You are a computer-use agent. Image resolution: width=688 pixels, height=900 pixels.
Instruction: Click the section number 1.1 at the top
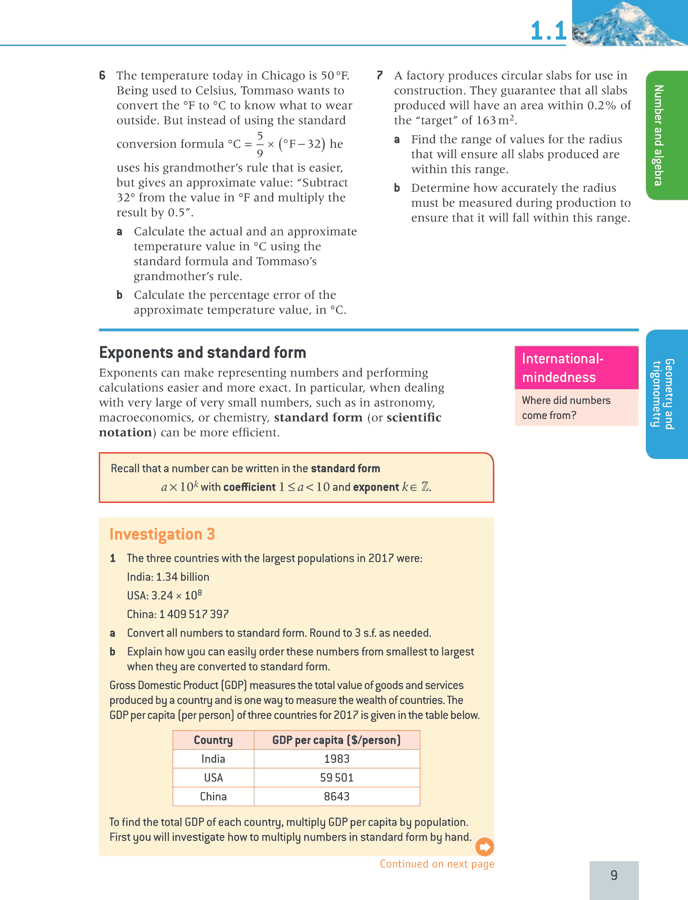click(548, 31)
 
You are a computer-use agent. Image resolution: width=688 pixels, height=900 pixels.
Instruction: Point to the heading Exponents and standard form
click(202, 352)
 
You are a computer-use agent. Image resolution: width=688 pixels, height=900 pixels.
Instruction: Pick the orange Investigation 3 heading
click(162, 534)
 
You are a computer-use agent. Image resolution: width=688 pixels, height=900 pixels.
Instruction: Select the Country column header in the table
click(213, 740)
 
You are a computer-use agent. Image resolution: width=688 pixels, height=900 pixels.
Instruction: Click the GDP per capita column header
click(336, 740)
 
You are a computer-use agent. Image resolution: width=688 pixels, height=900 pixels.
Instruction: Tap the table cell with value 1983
click(337, 759)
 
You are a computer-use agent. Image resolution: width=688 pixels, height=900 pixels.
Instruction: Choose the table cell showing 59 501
click(337, 778)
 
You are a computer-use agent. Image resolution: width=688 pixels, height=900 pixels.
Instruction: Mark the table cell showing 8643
click(337, 796)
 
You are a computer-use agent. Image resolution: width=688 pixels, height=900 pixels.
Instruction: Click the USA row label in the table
click(213, 778)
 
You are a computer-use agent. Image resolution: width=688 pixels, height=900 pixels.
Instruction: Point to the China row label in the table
click(213, 796)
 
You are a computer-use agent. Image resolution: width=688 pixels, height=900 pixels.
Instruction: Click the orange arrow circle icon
click(485, 847)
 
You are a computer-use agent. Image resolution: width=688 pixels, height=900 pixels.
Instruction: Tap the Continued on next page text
click(437, 864)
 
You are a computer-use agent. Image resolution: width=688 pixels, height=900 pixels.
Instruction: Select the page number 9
click(613, 876)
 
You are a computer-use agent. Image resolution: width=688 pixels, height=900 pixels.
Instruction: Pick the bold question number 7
click(379, 75)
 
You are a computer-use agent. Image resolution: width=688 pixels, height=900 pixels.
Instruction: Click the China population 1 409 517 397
click(194, 614)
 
